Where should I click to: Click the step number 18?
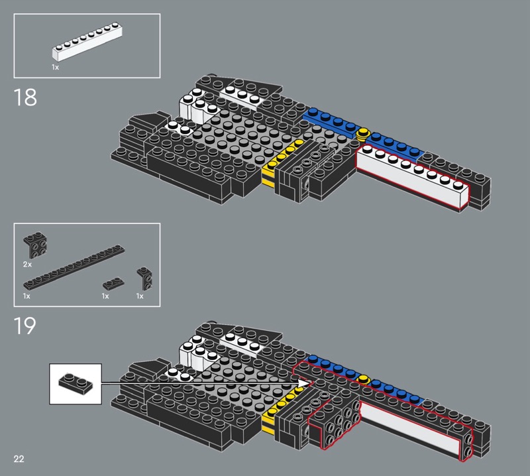click(25, 97)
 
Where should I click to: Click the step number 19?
click(25, 326)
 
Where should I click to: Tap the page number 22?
click(19, 459)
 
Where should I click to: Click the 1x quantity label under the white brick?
click(56, 68)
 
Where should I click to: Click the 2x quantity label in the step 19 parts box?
click(27, 265)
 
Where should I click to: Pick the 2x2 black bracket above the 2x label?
click(35, 245)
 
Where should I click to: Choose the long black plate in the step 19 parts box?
click(74, 267)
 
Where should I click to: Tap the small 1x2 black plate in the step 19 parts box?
click(113, 284)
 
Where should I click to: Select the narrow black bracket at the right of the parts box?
click(144, 278)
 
